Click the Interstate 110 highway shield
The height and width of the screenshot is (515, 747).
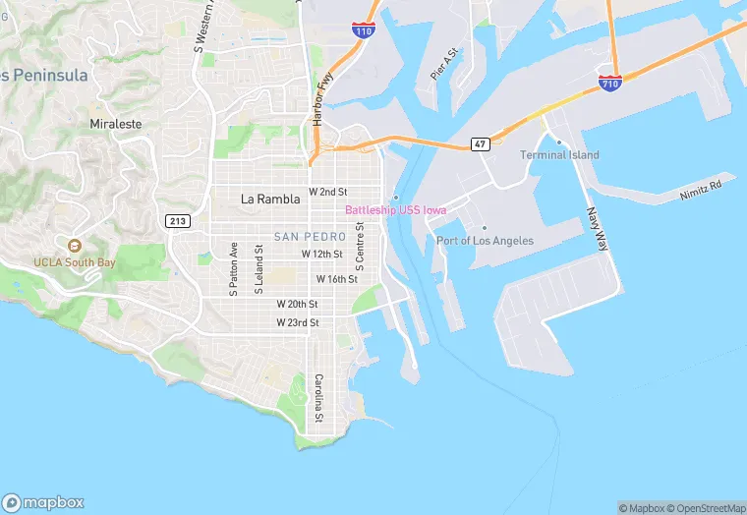[364, 29]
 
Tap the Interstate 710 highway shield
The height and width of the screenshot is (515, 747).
[609, 85]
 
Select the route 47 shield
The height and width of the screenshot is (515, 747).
[480, 144]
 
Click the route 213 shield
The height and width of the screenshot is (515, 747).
[178, 221]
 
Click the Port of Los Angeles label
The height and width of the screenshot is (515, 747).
[485, 241]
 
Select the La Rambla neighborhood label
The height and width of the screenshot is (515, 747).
[270, 199]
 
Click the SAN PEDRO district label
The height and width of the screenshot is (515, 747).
[309, 237]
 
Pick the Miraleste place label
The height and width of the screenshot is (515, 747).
[116, 125]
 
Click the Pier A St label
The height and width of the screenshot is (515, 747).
[445, 64]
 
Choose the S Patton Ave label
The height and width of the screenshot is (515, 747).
[234, 268]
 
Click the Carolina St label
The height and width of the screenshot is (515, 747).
[318, 398]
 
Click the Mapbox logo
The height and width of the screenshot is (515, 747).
[44, 501]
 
